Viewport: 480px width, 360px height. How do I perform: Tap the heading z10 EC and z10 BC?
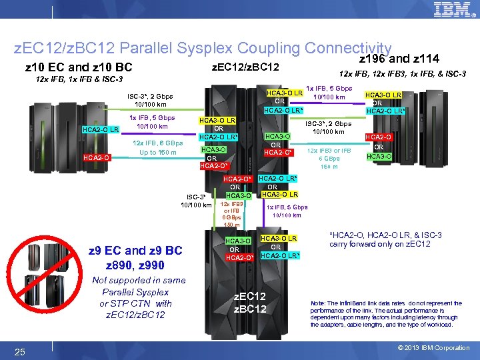point(78,67)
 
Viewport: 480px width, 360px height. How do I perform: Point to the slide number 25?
point(20,351)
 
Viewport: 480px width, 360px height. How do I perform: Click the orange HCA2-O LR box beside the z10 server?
point(101,129)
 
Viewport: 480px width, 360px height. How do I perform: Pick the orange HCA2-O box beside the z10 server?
point(96,157)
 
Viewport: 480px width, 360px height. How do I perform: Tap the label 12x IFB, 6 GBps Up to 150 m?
point(158,147)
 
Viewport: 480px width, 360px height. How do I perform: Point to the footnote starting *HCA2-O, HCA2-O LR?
point(385,239)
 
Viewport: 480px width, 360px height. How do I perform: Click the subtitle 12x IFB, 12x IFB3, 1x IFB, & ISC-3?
point(402,73)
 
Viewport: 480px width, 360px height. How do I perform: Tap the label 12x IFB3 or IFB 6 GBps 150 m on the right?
point(329,158)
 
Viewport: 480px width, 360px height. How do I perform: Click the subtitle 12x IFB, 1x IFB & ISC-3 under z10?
point(69,79)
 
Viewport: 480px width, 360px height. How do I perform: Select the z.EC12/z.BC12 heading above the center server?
point(244,67)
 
